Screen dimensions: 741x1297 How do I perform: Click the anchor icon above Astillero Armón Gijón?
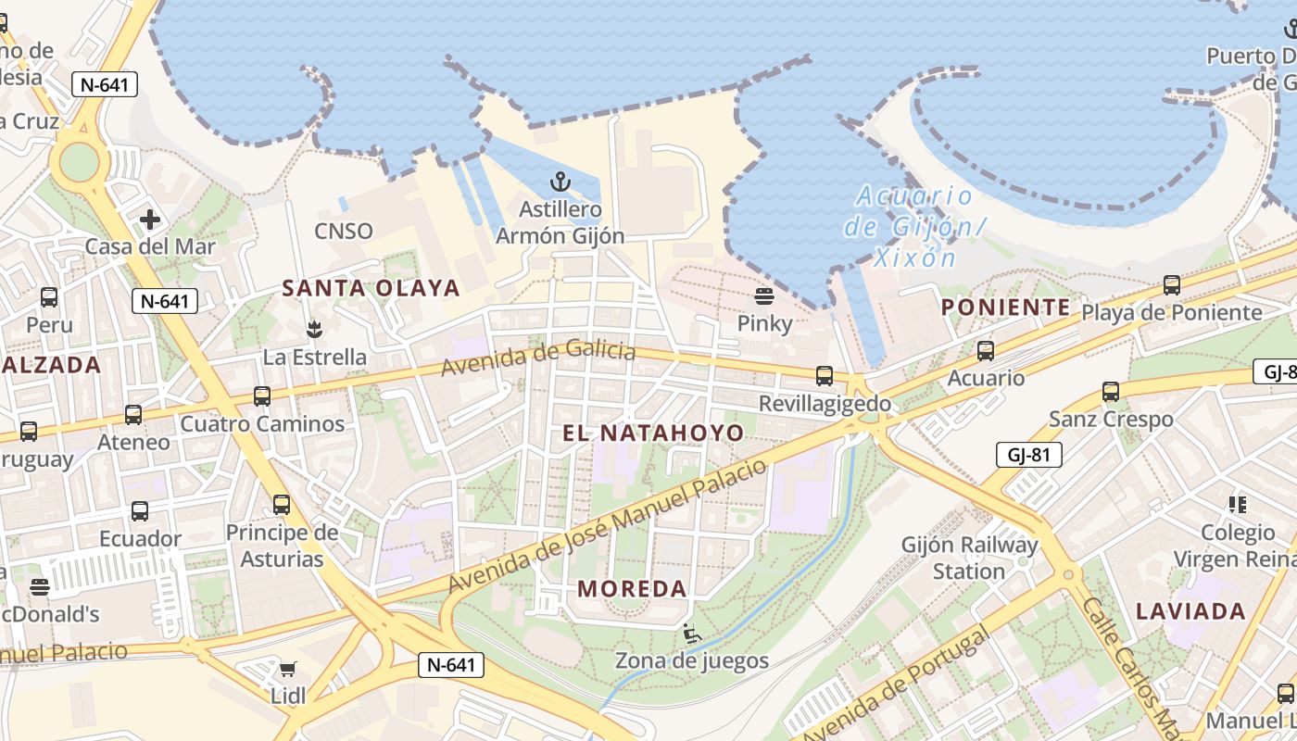[560, 181]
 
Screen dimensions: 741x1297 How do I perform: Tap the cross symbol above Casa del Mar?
[150, 220]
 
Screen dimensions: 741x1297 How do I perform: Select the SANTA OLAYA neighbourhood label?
[371, 288]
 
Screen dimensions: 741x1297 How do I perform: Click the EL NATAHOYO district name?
[653, 433]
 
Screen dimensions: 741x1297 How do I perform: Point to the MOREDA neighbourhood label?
[632, 588]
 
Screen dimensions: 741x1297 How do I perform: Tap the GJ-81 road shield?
[1028, 455]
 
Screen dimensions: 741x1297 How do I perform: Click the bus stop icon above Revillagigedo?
[825, 376]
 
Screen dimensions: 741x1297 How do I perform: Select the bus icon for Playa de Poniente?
[1172, 285]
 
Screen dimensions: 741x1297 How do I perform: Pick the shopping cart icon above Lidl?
[288, 669]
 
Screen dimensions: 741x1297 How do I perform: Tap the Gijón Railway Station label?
[969, 558]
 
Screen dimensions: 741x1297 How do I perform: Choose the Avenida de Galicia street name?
[538, 358]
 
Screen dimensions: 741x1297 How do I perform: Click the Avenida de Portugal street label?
[895, 686]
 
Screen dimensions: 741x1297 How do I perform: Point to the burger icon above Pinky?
[764, 296]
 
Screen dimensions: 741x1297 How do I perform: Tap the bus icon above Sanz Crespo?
[1111, 392]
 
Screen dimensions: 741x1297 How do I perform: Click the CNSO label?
[344, 231]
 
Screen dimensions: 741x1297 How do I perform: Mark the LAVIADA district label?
[1190, 611]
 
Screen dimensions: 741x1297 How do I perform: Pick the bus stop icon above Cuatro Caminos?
[262, 396]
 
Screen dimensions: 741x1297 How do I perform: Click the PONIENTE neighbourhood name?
[1005, 308]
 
